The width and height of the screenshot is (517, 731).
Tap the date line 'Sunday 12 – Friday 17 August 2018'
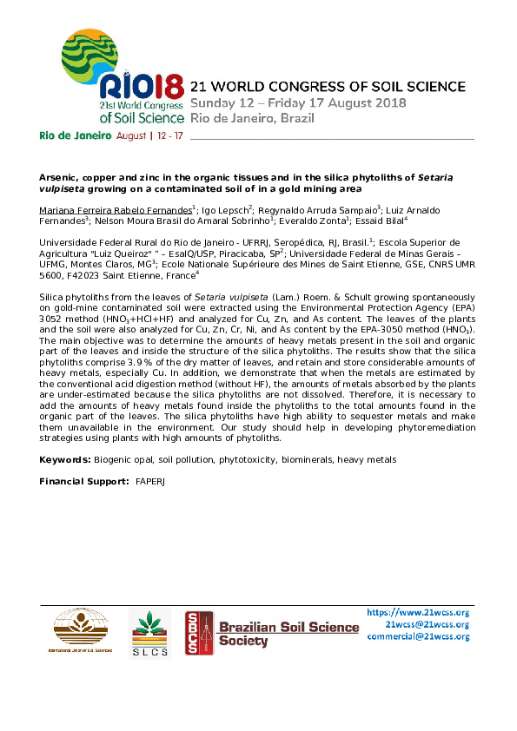309,102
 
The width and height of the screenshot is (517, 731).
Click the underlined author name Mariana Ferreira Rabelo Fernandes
115,210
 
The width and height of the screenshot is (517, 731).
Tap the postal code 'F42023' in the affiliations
88,275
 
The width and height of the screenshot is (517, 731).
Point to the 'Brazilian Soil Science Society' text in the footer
288,634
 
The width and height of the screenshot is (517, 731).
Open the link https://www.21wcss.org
419,612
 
